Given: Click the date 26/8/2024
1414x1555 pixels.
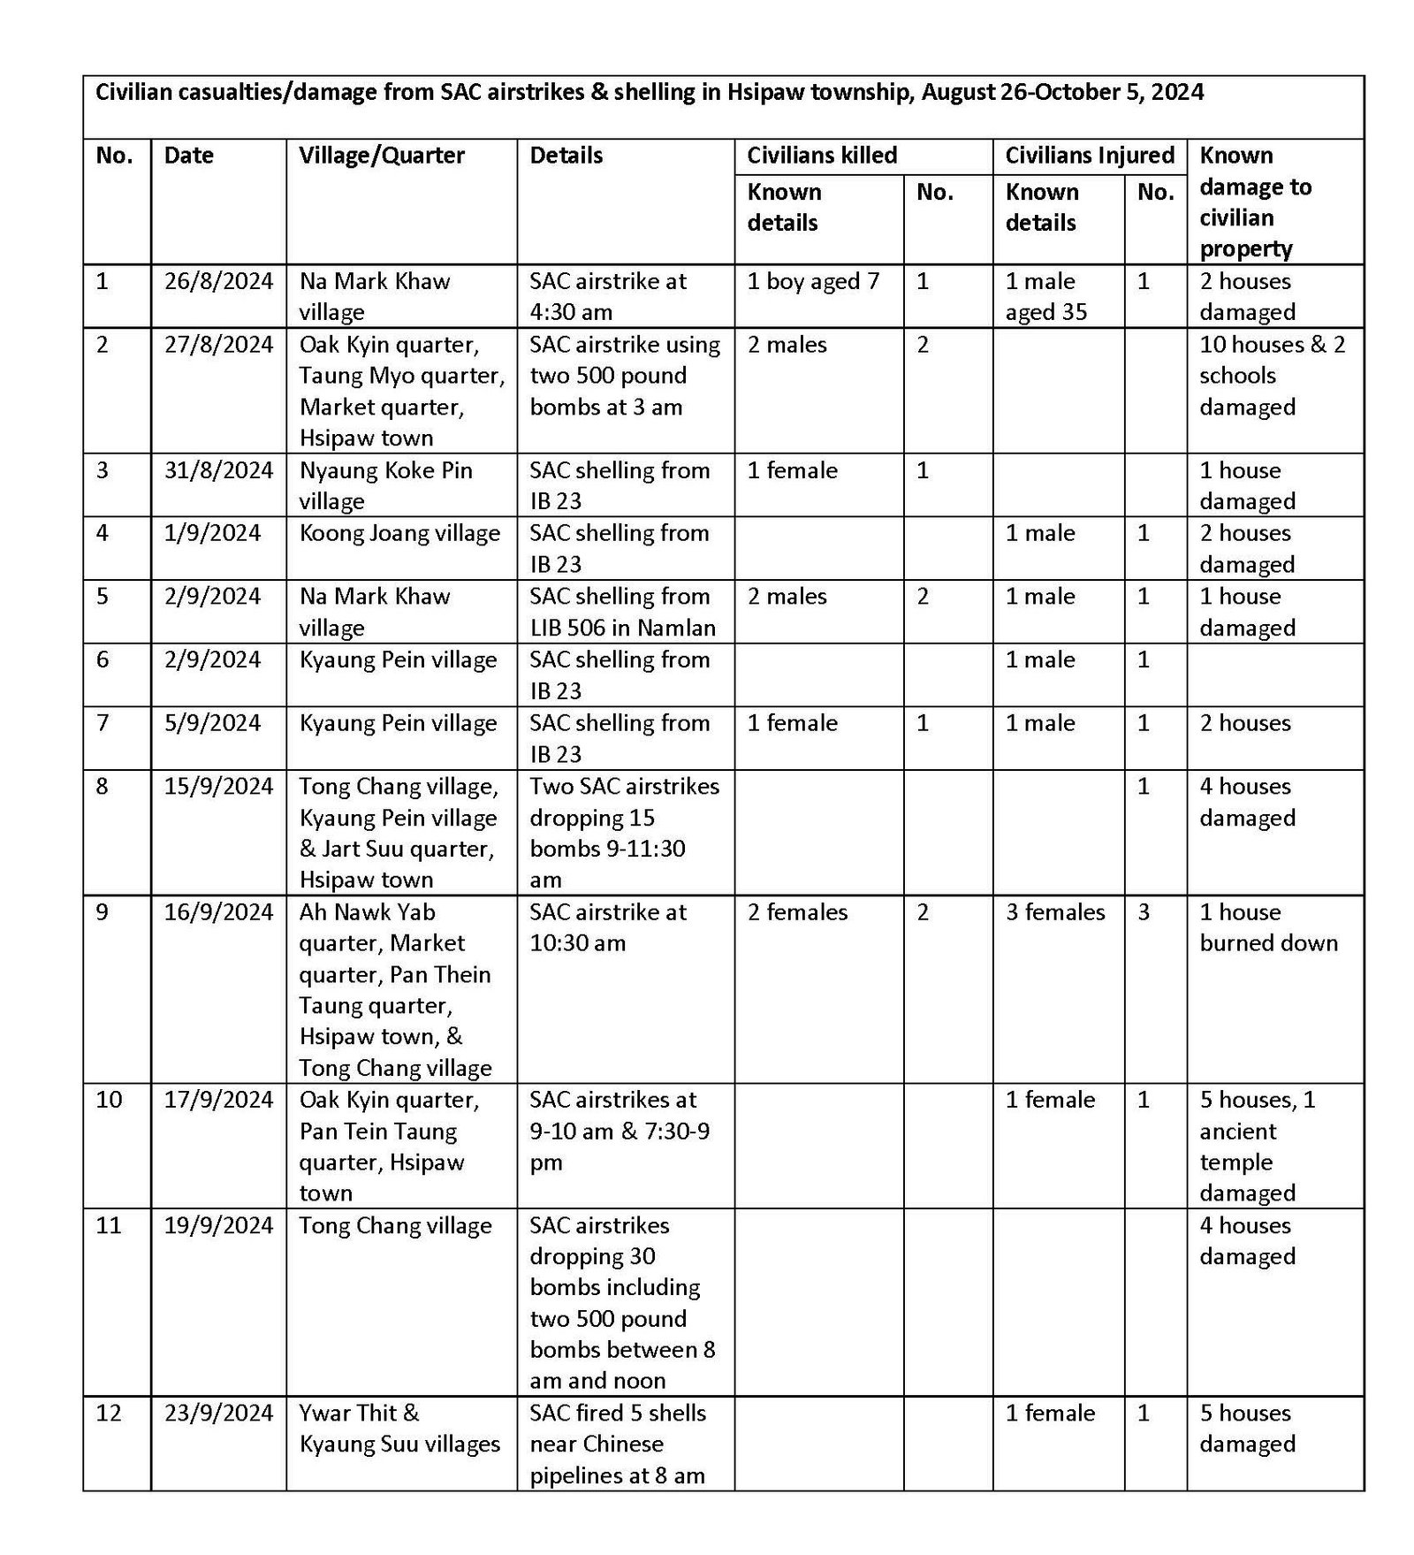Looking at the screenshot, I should [x=218, y=282].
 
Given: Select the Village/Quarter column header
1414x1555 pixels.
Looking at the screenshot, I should [x=382, y=156].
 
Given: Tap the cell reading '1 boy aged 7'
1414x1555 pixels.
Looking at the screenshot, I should [x=813, y=282].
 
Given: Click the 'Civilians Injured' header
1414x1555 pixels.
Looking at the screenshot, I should [x=1089, y=156].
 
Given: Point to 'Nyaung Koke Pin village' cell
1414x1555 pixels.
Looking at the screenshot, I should [x=385, y=485].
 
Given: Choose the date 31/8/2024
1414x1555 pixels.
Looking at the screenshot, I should [x=218, y=470].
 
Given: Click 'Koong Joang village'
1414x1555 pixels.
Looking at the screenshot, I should [x=399, y=533].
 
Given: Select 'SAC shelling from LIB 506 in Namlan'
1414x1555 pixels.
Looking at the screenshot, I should [x=622, y=612].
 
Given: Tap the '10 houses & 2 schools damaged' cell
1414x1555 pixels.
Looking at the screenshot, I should [x=1272, y=376].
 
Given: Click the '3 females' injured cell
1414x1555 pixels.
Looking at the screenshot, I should [x=1055, y=912].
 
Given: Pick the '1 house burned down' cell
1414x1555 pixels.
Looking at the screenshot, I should [x=1268, y=927].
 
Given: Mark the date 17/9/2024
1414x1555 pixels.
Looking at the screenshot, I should [x=218, y=1100].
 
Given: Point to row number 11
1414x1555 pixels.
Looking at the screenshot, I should [x=108, y=1225].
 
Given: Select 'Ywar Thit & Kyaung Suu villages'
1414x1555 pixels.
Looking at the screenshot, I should [x=399, y=1428].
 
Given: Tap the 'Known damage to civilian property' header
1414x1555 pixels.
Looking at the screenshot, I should [x=1255, y=202].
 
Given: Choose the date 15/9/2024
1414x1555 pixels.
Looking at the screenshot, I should [x=218, y=787].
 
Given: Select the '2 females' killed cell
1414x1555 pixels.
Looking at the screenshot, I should [x=797, y=912].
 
